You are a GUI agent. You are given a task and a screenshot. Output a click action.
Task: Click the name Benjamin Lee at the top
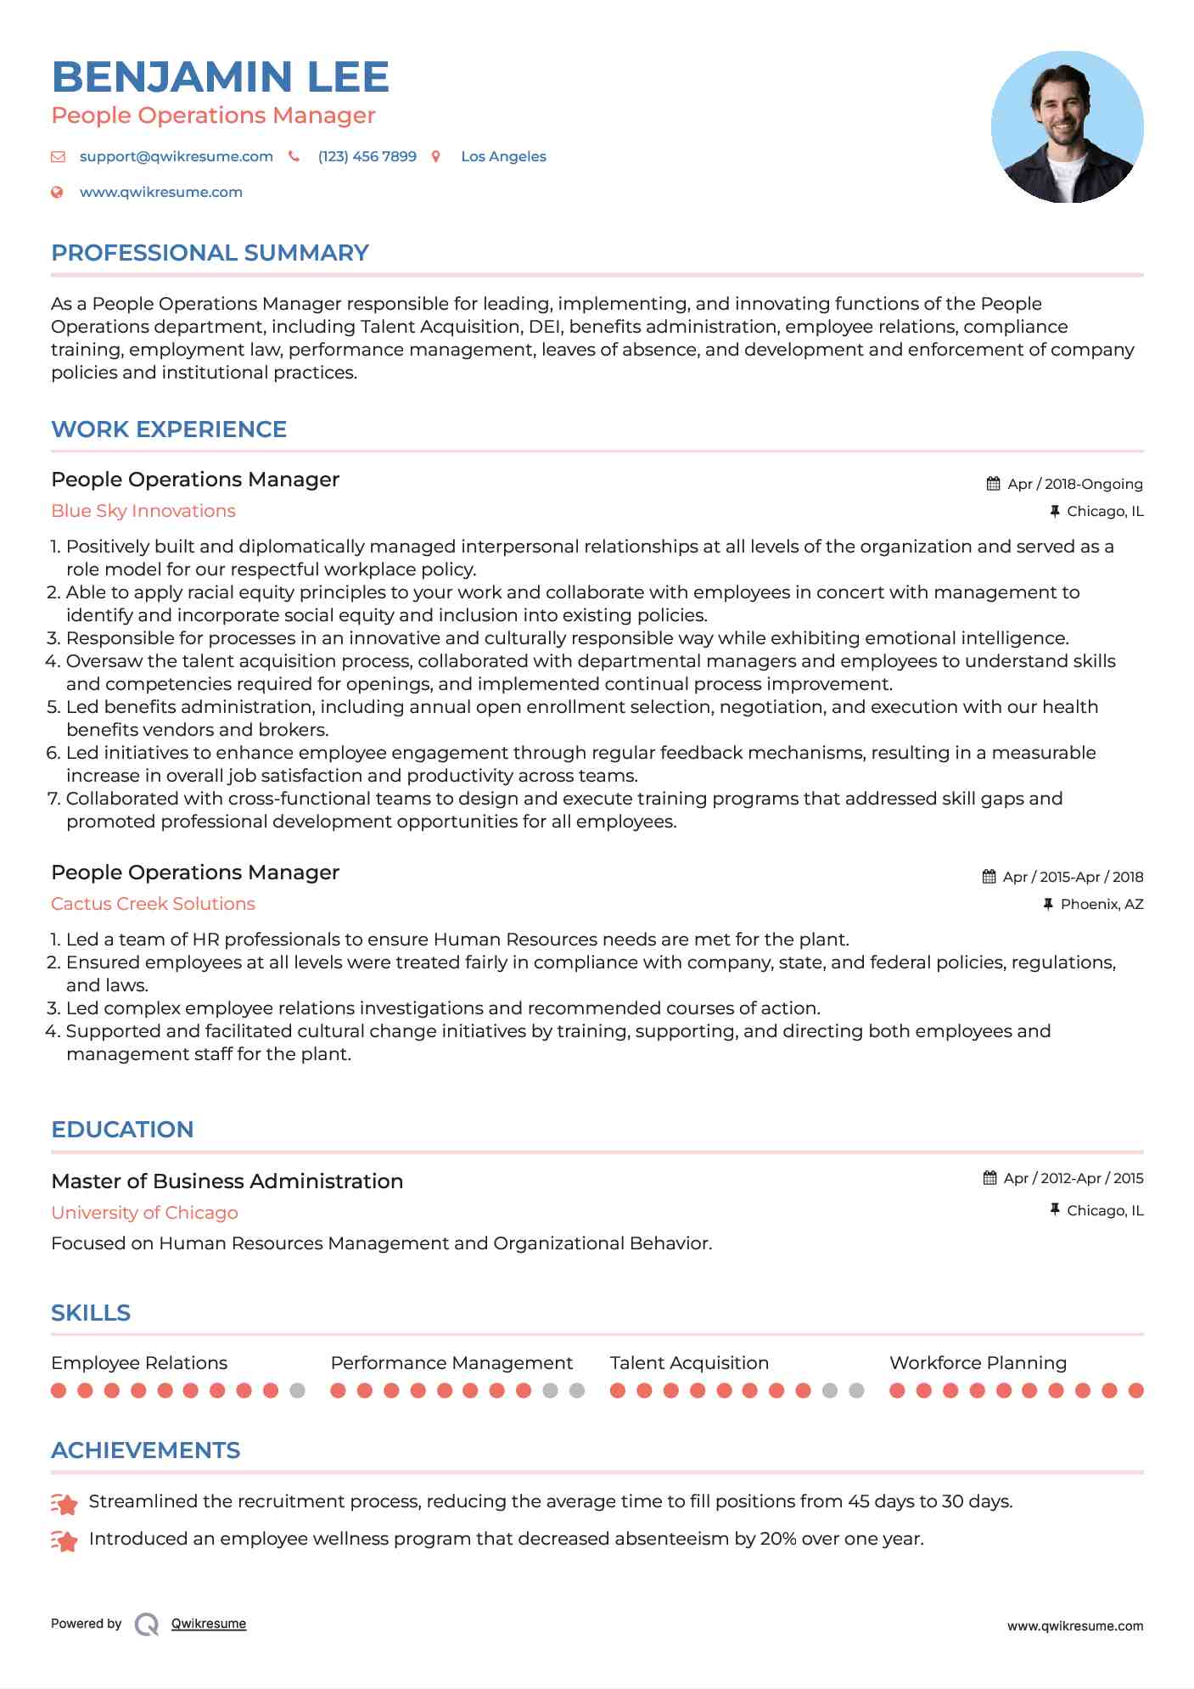click(x=220, y=77)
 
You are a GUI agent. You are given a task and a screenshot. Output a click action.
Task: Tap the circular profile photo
click(x=1067, y=127)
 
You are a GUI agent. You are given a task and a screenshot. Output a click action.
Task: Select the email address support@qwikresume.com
click(x=176, y=156)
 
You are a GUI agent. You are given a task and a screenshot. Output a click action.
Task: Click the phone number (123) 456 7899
click(x=367, y=156)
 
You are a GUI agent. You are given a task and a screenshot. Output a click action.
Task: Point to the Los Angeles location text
click(x=503, y=156)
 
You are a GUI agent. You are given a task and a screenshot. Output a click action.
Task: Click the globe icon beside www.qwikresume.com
click(x=58, y=192)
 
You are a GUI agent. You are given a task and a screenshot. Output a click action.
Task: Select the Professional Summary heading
click(x=210, y=253)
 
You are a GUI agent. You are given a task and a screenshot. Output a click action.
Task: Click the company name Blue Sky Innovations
click(x=143, y=511)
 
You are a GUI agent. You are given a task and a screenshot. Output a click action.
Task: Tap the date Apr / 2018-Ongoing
click(x=1074, y=484)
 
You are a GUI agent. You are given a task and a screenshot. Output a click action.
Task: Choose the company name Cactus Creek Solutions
click(x=153, y=904)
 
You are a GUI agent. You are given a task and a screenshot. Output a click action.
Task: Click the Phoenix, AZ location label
click(x=1102, y=904)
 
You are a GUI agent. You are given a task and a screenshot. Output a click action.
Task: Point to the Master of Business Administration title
click(x=227, y=1181)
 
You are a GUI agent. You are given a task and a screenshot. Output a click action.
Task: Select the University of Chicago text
click(x=144, y=1213)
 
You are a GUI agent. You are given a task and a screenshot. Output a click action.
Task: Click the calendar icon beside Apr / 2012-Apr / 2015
click(x=989, y=1178)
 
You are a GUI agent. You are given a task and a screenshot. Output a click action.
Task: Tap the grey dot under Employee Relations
click(x=297, y=1390)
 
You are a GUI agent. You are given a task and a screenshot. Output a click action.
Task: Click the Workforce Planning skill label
click(x=978, y=1363)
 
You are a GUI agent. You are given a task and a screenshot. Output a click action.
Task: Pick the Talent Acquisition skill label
click(x=689, y=1363)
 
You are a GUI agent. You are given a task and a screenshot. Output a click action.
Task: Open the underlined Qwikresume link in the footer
click(x=209, y=1624)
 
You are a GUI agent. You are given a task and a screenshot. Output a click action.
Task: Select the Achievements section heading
click(x=145, y=1451)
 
